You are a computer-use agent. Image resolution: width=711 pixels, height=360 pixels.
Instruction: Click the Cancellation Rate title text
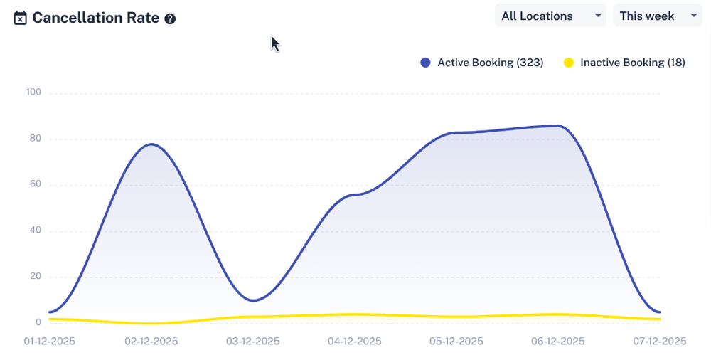pyautogui.click(x=95, y=18)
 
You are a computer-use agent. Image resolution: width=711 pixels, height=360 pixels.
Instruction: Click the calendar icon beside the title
pyautogui.click(x=21, y=18)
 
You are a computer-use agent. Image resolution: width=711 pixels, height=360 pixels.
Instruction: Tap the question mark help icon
pyautogui.click(x=170, y=19)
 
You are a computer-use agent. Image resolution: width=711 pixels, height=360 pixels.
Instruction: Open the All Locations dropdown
pyautogui.click(x=550, y=16)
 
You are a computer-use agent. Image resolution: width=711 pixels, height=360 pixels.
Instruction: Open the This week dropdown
pyautogui.click(x=657, y=16)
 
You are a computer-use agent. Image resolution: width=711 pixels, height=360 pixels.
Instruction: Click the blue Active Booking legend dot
pyautogui.click(x=426, y=63)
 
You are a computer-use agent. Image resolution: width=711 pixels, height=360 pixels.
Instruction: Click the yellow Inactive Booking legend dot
pyautogui.click(x=568, y=63)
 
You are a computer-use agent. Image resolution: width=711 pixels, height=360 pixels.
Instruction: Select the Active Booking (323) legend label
pyautogui.click(x=490, y=63)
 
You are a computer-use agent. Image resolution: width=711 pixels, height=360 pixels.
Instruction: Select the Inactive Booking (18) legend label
pyautogui.click(x=632, y=63)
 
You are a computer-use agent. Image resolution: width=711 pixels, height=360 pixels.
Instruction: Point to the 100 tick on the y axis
pyautogui.click(x=33, y=92)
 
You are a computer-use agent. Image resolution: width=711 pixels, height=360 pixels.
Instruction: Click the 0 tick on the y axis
pyautogui.click(x=38, y=322)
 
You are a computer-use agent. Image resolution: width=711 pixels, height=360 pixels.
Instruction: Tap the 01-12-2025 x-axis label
pyautogui.click(x=49, y=342)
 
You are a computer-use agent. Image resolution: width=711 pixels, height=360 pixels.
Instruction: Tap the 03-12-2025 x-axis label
pyautogui.click(x=253, y=342)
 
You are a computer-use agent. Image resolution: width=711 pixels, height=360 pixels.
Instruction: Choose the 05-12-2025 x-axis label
pyautogui.click(x=456, y=342)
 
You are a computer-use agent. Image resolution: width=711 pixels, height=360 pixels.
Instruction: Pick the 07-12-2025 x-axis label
pyautogui.click(x=659, y=342)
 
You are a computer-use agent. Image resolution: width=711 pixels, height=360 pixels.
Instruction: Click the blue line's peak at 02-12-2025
pyautogui.click(x=151, y=144)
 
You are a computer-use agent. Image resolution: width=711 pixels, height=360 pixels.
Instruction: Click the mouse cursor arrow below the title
pyautogui.click(x=274, y=43)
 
